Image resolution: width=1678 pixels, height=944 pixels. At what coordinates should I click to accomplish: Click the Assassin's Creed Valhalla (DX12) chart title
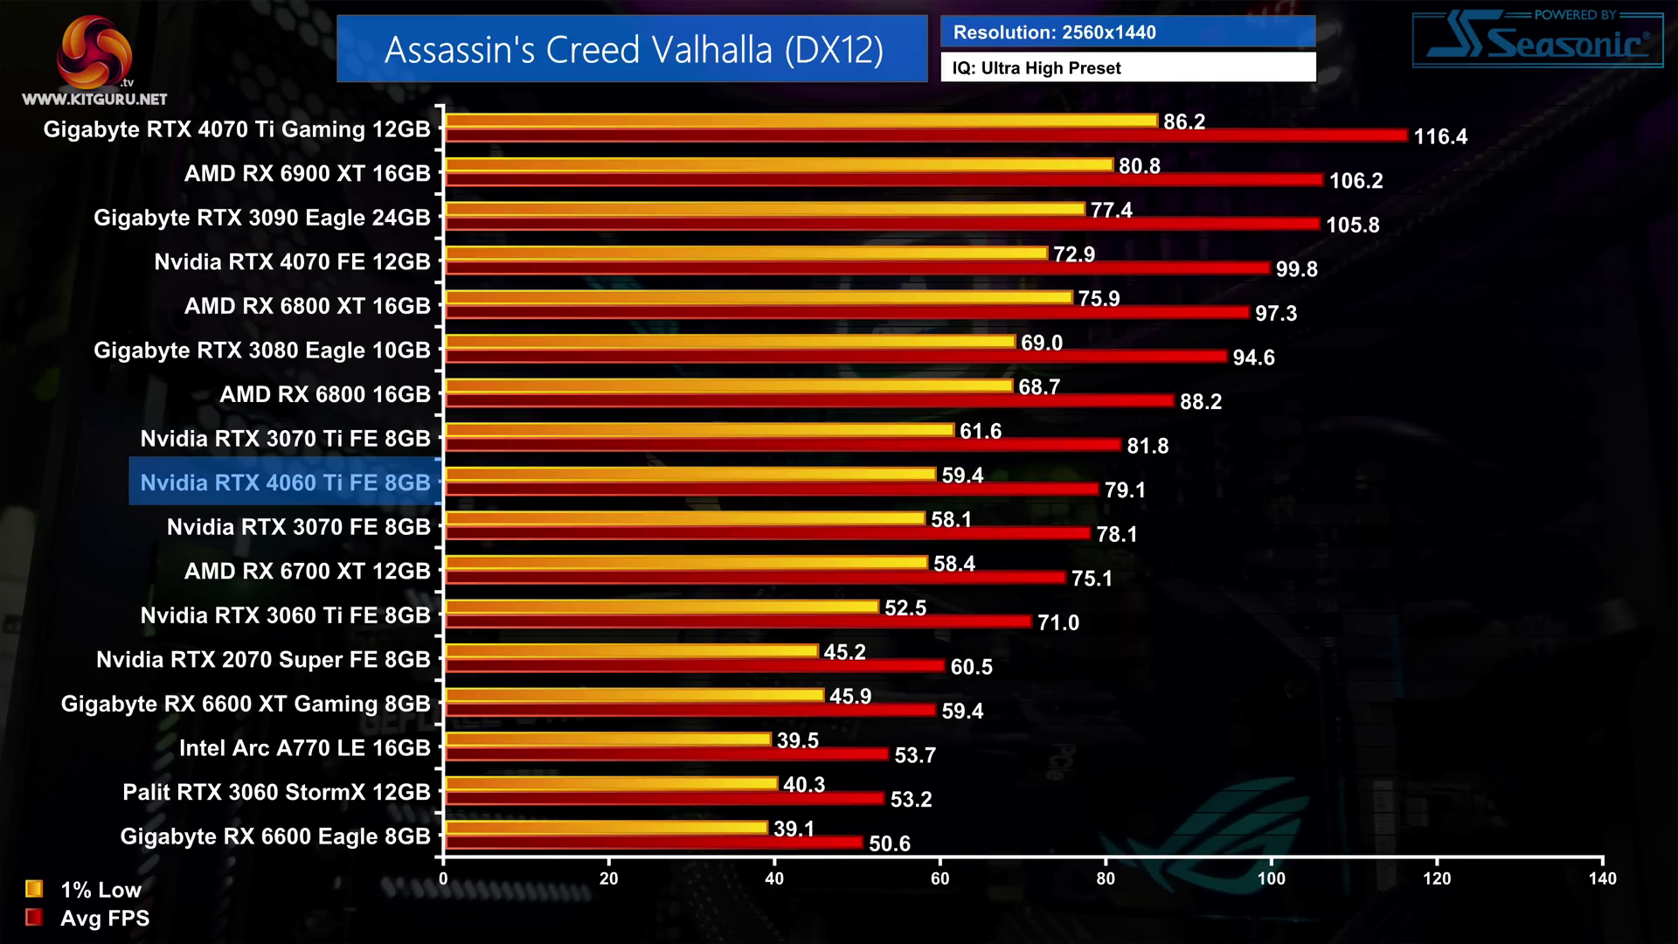click(x=633, y=50)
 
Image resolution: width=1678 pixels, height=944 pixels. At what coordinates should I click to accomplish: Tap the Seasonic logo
click(x=1537, y=40)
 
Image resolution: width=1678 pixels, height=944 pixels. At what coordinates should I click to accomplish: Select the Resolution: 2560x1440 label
click(x=1054, y=32)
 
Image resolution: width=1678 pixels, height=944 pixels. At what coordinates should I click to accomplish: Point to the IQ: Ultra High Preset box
click(x=1127, y=67)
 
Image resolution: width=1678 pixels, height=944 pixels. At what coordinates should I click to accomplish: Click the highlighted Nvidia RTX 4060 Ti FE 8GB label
click(x=285, y=482)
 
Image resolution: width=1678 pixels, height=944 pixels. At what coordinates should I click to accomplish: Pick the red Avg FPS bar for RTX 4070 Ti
click(x=926, y=135)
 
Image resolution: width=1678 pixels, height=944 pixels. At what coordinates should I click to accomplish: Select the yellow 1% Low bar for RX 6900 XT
click(x=780, y=164)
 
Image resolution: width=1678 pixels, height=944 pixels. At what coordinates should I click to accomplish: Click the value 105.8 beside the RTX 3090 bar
click(x=1352, y=225)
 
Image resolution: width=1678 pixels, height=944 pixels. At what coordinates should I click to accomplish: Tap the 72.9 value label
click(x=1073, y=254)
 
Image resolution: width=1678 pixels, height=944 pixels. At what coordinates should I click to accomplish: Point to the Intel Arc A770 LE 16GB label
click(x=304, y=748)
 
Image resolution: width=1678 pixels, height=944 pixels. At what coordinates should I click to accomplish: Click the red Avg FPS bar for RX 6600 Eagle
click(x=654, y=842)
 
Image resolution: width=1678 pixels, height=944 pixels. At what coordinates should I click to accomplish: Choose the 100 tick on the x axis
click(x=1271, y=878)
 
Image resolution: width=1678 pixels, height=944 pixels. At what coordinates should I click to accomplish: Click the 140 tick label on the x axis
click(x=1602, y=878)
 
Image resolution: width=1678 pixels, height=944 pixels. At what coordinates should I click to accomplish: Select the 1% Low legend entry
click(x=84, y=890)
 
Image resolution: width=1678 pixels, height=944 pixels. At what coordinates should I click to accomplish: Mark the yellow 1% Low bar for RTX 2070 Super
click(x=632, y=650)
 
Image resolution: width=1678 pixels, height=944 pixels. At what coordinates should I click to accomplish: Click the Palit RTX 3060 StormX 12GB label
click(x=276, y=792)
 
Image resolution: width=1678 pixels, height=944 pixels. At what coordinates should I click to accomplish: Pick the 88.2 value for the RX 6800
click(x=1200, y=401)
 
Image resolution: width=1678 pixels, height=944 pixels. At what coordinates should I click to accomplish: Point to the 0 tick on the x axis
click(x=443, y=878)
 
